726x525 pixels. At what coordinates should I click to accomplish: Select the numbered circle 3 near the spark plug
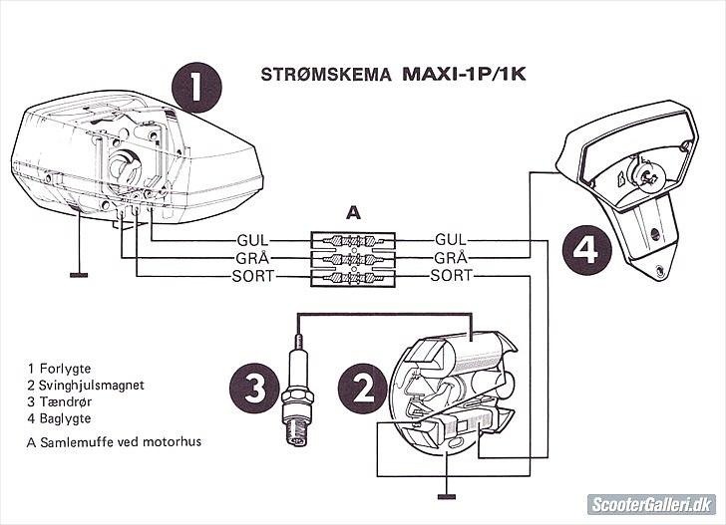(x=253, y=391)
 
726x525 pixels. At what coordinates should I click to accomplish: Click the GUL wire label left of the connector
(x=251, y=241)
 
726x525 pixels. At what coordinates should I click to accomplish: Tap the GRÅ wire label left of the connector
(x=251, y=258)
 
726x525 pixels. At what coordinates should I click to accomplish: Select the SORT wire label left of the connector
(x=251, y=275)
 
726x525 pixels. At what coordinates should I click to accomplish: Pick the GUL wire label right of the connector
(x=451, y=241)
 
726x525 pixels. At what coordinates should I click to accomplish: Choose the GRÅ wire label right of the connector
(x=451, y=258)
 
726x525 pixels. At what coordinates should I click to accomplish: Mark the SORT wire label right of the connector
(x=451, y=275)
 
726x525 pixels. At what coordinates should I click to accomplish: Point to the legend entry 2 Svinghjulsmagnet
(x=88, y=384)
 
